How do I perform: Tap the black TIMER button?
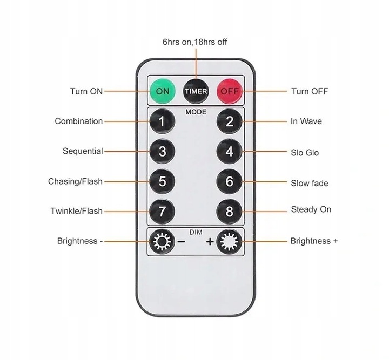(x=196, y=91)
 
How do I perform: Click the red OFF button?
(x=230, y=91)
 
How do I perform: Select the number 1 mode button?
(x=162, y=121)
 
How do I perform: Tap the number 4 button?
(x=229, y=151)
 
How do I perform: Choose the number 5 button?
(x=162, y=181)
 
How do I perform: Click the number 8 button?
(x=229, y=212)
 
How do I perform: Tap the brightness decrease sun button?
(x=162, y=241)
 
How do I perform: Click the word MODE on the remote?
(x=196, y=112)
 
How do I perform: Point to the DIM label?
(x=196, y=232)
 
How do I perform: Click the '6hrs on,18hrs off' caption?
(x=194, y=42)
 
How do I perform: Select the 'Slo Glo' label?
(x=305, y=153)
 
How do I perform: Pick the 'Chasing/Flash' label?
(x=75, y=181)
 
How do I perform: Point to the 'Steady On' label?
(x=311, y=209)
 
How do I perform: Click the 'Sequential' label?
(x=83, y=151)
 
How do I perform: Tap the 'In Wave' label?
(x=306, y=121)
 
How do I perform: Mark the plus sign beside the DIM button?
(x=210, y=241)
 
